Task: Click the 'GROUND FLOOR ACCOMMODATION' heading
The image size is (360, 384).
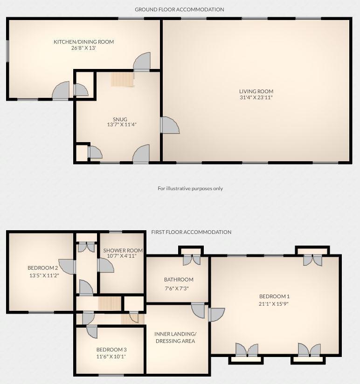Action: point(180,9)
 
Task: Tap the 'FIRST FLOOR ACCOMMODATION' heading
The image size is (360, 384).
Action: point(191,232)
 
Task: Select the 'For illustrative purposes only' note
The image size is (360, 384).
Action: point(190,188)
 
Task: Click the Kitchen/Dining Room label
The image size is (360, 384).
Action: point(83,42)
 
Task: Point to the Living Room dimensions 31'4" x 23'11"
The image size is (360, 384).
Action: point(256,98)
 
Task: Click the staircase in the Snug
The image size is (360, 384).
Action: point(122,79)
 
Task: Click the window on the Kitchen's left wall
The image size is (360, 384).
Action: point(7,50)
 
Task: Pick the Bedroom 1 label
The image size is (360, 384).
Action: point(275,296)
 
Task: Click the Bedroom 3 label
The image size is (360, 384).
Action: point(111,350)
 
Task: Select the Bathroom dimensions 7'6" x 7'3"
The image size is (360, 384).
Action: point(179,288)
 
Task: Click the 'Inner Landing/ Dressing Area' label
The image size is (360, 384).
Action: point(175,337)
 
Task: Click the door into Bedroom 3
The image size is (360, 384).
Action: point(91,332)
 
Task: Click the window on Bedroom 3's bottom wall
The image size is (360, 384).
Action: point(111,375)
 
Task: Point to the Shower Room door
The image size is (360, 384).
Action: point(105,265)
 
